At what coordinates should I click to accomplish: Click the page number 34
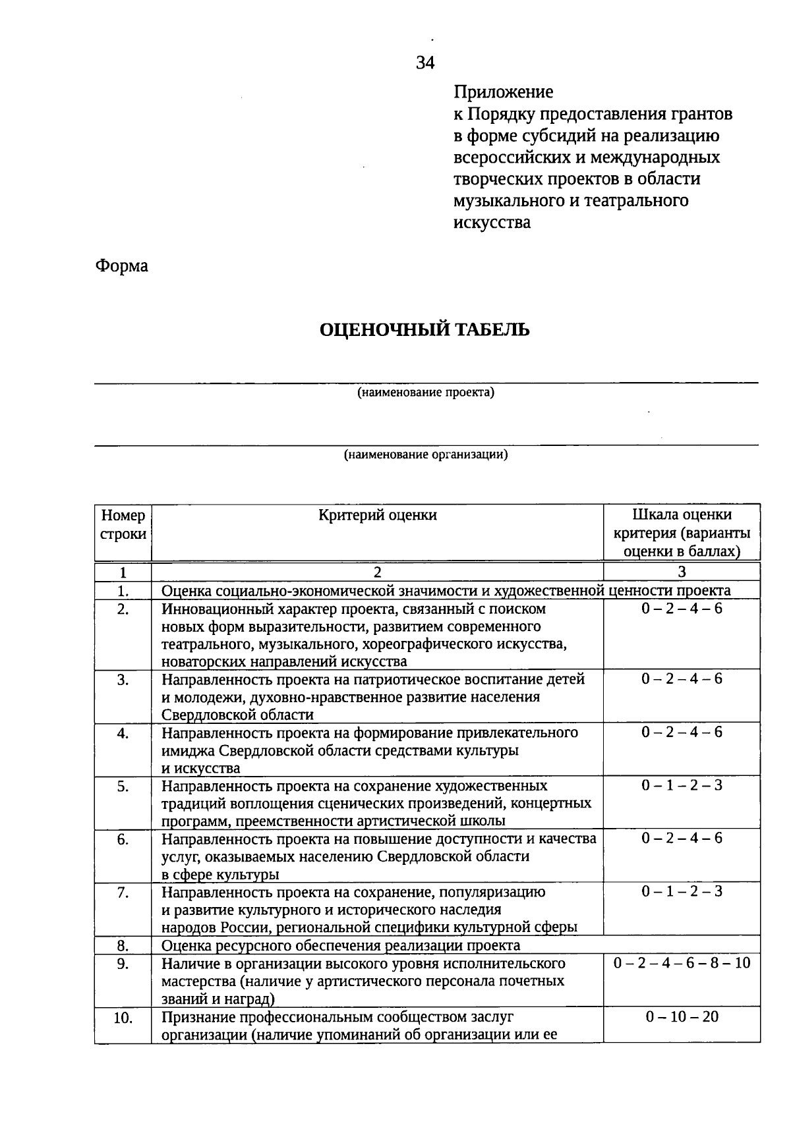[425, 63]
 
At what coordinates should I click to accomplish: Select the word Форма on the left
[122, 266]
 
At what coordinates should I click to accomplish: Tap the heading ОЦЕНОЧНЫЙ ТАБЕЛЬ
[425, 329]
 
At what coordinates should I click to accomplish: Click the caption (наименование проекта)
[426, 393]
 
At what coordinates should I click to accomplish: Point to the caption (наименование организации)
[426, 455]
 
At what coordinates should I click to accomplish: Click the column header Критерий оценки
[377, 516]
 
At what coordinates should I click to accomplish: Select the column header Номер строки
[123, 525]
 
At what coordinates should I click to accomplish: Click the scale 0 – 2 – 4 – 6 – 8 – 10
[682, 963]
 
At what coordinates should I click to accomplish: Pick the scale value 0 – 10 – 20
[682, 1016]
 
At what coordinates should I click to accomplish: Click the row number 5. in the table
[123, 786]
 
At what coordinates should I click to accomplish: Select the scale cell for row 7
[682, 892]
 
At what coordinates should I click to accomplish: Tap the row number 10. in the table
[123, 1018]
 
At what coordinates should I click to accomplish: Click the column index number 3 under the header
[682, 572]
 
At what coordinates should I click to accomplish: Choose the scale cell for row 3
[682, 679]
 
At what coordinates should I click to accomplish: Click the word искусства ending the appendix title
[492, 222]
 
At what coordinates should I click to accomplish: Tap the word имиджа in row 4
[188, 750]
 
